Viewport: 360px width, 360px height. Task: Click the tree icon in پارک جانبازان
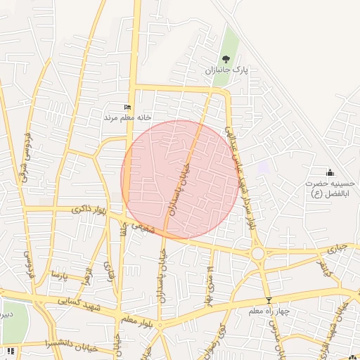226,59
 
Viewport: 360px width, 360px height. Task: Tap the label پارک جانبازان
227,71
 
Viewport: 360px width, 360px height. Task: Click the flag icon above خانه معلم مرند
127,107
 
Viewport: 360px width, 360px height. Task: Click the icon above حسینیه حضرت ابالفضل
330,172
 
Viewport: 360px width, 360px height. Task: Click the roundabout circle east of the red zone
258,253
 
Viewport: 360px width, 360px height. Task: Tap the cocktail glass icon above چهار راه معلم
268,300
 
